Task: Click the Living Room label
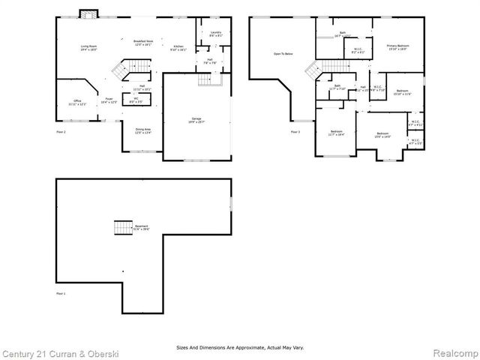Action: point(90,48)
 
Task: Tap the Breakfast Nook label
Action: point(144,43)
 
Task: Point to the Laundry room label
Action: point(215,34)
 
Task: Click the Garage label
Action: point(196,121)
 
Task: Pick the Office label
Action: point(77,103)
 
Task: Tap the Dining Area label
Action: point(143,131)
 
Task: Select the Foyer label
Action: point(109,100)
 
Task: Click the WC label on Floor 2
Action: point(136,100)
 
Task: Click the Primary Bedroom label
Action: point(397,48)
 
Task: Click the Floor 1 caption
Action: point(61,293)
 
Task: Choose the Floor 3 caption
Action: point(295,132)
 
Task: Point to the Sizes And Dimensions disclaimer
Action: point(240,347)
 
